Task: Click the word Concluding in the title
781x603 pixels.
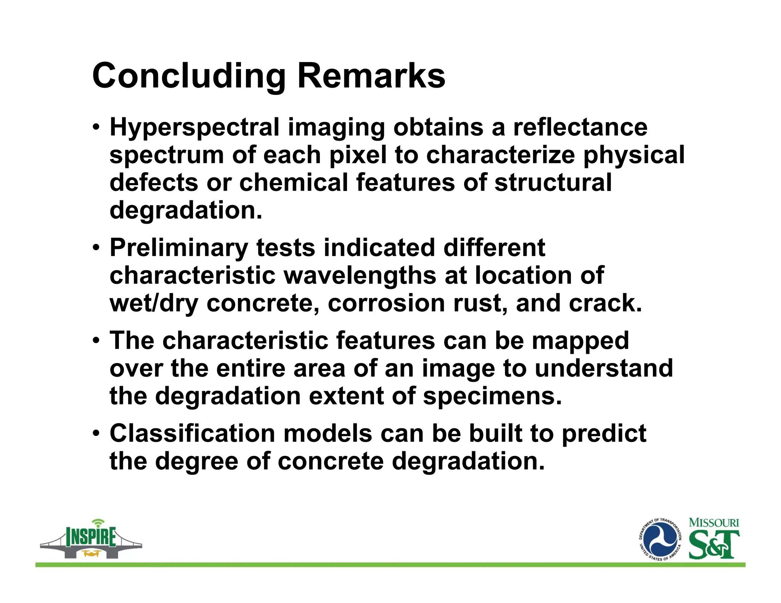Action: point(189,76)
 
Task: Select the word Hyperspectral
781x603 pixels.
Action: point(194,127)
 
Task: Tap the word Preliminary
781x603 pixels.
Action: point(179,248)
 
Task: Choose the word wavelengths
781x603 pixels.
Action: point(360,276)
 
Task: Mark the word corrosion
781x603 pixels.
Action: point(386,303)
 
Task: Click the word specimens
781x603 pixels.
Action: point(492,396)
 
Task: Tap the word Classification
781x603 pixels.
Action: point(192,433)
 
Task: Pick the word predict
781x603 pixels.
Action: point(604,434)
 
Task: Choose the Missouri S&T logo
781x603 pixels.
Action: point(714,539)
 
